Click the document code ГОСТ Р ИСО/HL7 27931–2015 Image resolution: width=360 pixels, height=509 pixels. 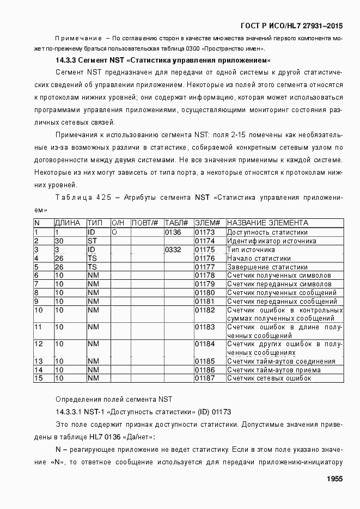pos(291,26)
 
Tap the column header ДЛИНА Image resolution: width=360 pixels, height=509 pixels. pos(68,223)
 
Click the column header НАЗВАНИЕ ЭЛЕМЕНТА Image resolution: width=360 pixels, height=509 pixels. pos(267,223)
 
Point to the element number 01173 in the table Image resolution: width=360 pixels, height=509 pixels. pos(205,232)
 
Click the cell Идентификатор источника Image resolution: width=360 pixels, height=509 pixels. pos(271,241)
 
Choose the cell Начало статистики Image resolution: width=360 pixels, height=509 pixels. pos(259,259)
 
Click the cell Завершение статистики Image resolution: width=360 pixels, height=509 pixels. pos(267,267)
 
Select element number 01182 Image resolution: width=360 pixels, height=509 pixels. pos(205,310)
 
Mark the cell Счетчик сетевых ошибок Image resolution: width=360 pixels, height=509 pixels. pos(269,378)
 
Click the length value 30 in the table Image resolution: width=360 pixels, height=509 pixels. pos(59,241)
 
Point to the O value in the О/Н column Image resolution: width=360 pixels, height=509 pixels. pos(114,232)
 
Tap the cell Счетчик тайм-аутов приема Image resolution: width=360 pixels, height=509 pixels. pos(274,370)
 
